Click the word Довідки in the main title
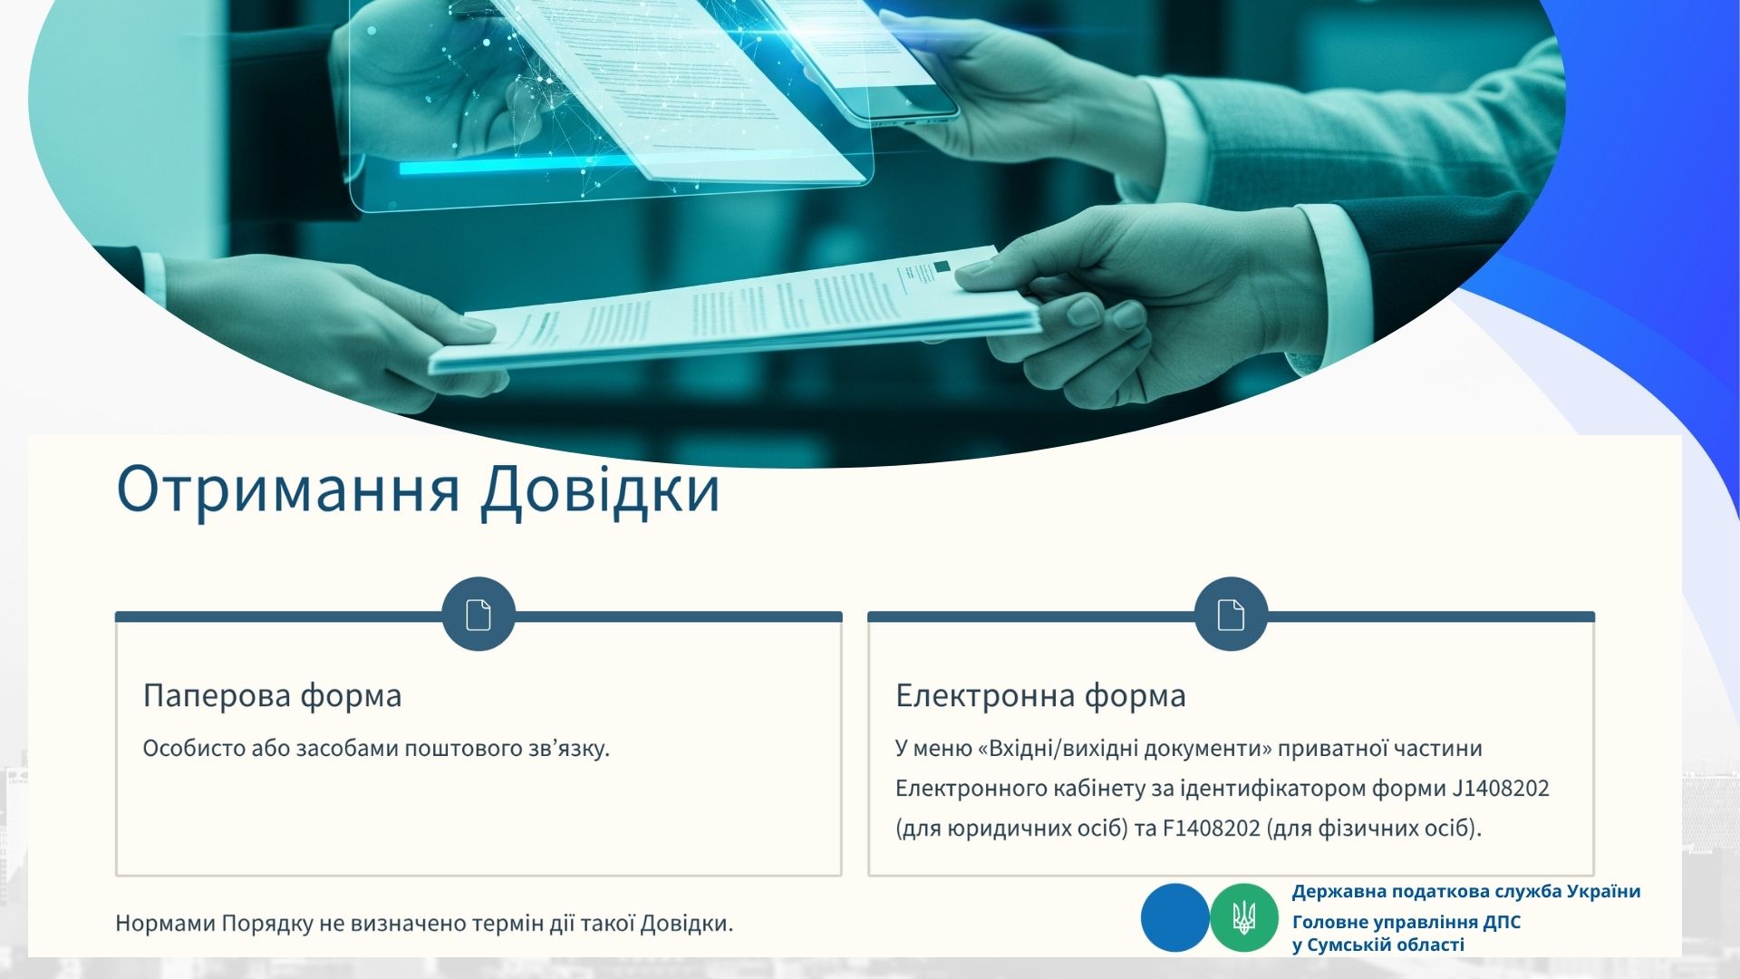click(x=600, y=491)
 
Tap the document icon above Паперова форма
click(x=478, y=614)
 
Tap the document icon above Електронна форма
click(x=1231, y=614)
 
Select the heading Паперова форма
click(x=272, y=695)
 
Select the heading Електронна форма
click(x=1040, y=695)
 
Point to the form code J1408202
click(x=1501, y=788)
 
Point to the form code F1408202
click(x=1211, y=829)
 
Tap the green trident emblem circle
click(x=1244, y=917)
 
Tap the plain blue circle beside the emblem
click(x=1175, y=917)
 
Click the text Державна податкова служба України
click(x=1466, y=891)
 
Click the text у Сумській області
click(x=1377, y=945)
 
